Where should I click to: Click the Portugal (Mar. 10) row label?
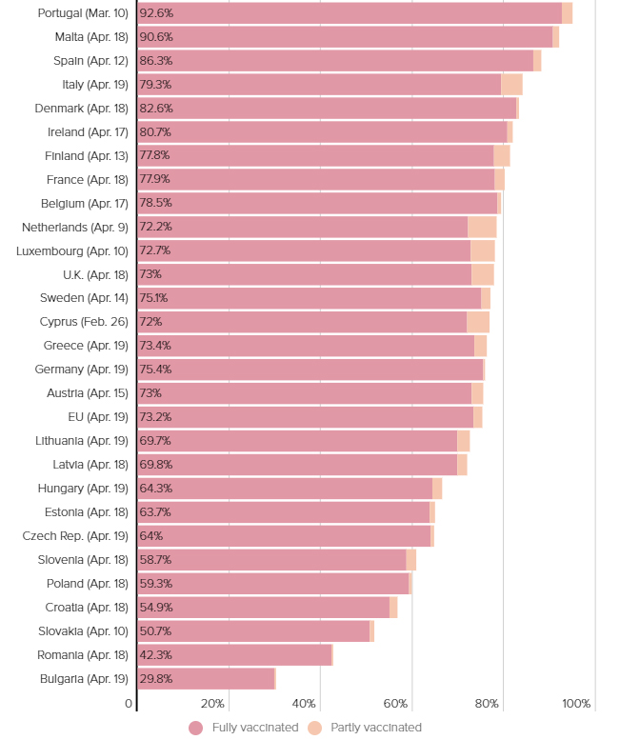click(x=83, y=13)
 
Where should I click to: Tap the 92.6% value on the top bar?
click(x=156, y=13)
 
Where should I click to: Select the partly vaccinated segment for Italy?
click(x=511, y=85)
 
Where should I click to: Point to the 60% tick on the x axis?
click(x=395, y=704)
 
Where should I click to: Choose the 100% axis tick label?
click(x=576, y=704)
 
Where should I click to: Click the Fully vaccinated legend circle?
click(x=196, y=728)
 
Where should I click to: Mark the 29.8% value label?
click(x=156, y=679)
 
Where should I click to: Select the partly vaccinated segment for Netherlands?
click(x=482, y=227)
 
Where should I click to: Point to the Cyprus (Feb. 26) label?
click(x=84, y=322)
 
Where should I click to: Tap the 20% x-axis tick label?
click(x=212, y=704)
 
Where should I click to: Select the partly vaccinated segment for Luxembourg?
click(x=482, y=250)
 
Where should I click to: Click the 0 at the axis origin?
click(x=129, y=704)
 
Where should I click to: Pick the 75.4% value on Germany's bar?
click(x=156, y=370)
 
